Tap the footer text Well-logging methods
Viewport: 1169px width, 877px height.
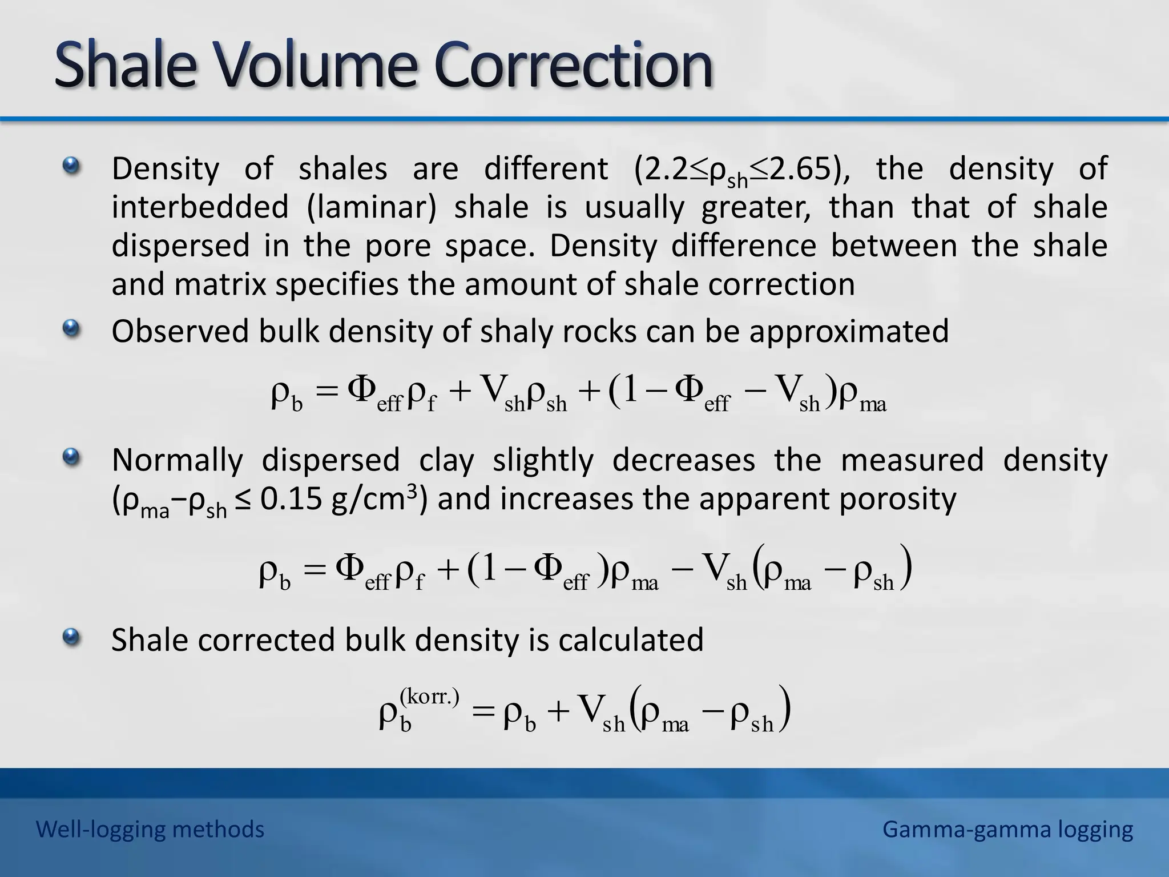pos(150,829)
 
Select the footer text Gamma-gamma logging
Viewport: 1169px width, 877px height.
pos(1007,829)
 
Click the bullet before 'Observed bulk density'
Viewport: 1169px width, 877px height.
pos(71,328)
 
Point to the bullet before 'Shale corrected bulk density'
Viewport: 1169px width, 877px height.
pos(71,637)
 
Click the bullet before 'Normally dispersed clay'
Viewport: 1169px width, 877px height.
pos(71,457)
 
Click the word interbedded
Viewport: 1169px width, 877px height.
pos(200,207)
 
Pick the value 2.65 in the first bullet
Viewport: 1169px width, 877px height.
pos(799,169)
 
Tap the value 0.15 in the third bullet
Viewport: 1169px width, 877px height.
pos(291,499)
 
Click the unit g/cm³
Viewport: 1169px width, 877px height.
pos(374,499)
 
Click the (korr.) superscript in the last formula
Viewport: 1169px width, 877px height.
pos(429,697)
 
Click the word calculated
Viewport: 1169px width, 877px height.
pos(631,639)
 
